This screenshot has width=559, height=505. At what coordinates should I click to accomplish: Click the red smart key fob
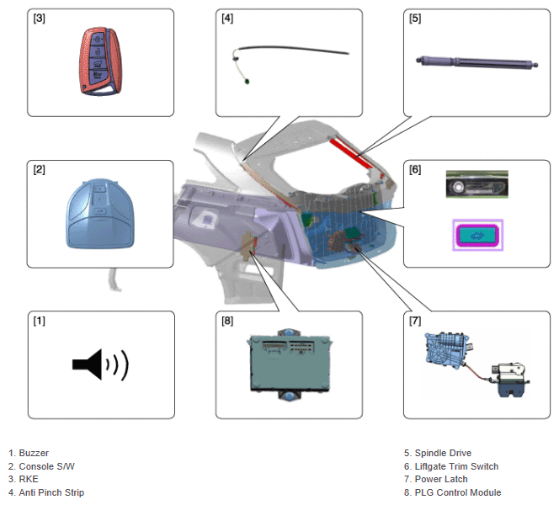pyautogui.click(x=100, y=61)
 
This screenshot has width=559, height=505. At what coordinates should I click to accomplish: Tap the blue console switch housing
pyautogui.click(x=100, y=214)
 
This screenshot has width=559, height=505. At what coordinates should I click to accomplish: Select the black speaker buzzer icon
pyautogui.click(x=100, y=364)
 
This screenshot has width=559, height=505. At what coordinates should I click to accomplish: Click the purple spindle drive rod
pyautogui.click(x=477, y=61)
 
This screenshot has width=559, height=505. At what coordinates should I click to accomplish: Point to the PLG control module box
pyautogui.click(x=289, y=364)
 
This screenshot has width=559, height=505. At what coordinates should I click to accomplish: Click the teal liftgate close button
pyautogui.click(x=477, y=235)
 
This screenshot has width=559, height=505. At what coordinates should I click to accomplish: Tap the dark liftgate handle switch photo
pyautogui.click(x=477, y=184)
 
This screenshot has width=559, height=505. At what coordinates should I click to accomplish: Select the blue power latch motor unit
pyautogui.click(x=446, y=348)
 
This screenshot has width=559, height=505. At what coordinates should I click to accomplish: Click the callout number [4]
pyautogui.click(x=227, y=19)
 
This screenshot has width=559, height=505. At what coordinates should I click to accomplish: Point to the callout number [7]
pyautogui.click(x=415, y=321)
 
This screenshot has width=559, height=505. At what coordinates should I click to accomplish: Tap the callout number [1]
pyautogui.click(x=40, y=321)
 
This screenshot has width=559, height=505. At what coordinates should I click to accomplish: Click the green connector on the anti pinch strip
pyautogui.click(x=247, y=82)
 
